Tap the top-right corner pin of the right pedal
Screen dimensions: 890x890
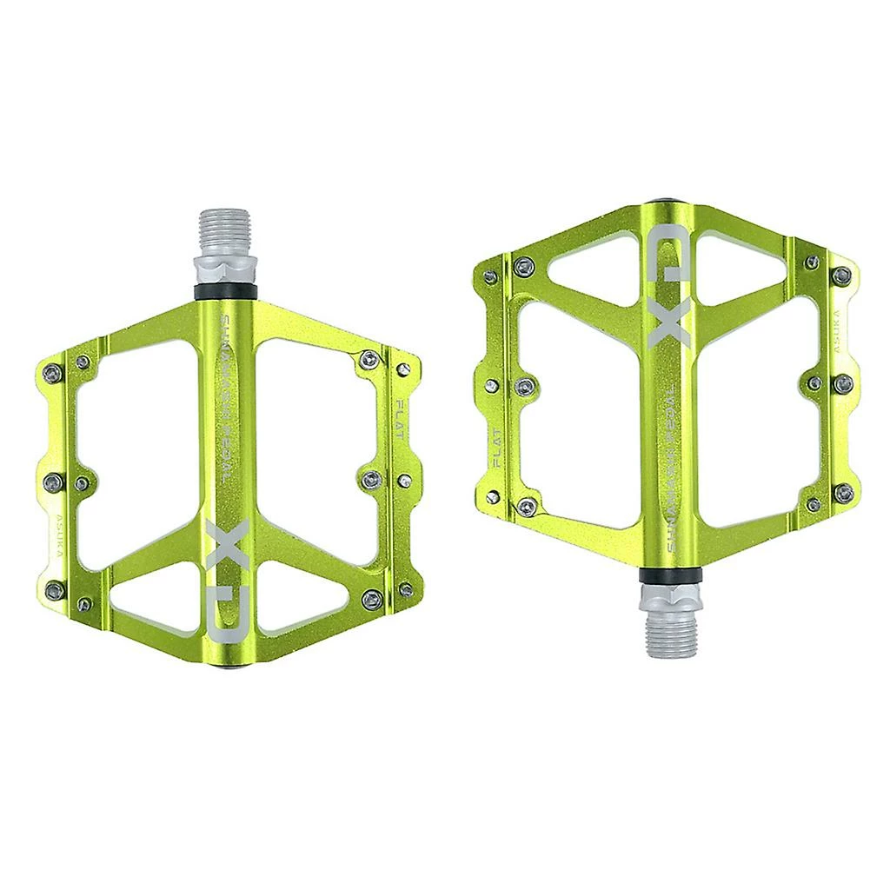(841, 276)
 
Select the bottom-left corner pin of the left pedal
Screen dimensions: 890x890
(55, 590)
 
